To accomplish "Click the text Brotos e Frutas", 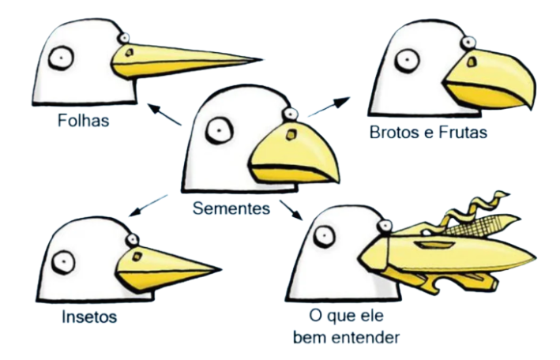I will point(427,133).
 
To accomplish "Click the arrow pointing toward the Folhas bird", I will point(166,116).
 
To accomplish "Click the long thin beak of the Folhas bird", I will point(190,58).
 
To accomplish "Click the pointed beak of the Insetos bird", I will point(166,264).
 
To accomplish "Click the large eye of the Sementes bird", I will point(218,132).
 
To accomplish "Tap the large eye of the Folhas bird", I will point(58,58).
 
